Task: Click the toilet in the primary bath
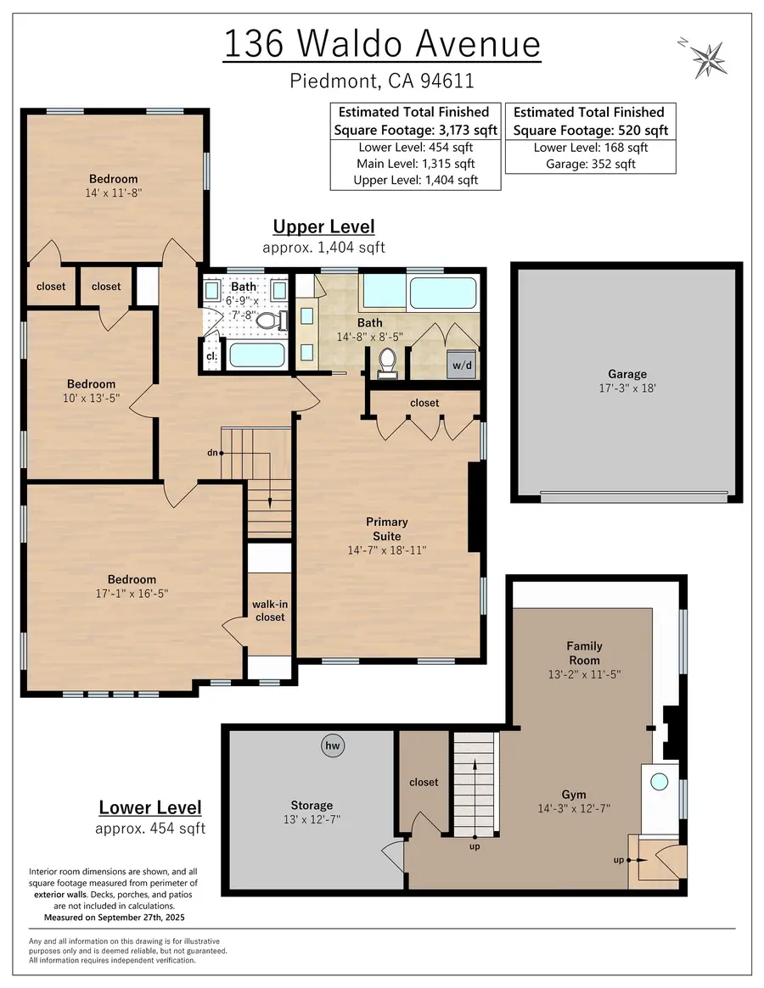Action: pos(389,362)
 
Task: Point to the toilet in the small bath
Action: pos(268,321)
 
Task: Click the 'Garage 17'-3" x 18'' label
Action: pos(626,381)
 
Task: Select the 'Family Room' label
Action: pos(584,653)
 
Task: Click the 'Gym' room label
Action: pos(575,795)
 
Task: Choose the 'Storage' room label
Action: pos(312,805)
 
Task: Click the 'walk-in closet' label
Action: pos(269,611)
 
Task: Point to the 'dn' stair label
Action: pos(214,453)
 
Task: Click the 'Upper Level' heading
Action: pos(323,227)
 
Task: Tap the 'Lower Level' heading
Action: pos(150,807)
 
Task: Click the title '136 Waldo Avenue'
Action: pos(382,44)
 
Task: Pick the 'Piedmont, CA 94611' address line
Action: pos(382,81)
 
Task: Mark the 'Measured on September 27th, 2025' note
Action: pos(113,918)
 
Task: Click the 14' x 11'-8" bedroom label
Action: pos(114,186)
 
